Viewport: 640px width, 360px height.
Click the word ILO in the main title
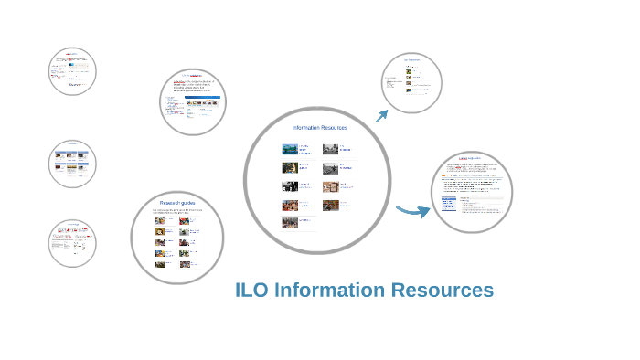pyautogui.click(x=254, y=291)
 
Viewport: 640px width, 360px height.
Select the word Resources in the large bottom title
pyautogui.click(x=442, y=291)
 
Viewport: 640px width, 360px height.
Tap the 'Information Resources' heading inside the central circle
pyautogui.click(x=319, y=128)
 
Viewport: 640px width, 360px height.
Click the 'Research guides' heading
pyautogui.click(x=177, y=202)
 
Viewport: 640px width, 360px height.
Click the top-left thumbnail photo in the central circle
pyautogui.click(x=290, y=149)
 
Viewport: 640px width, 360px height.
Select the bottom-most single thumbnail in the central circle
pyautogui.click(x=290, y=222)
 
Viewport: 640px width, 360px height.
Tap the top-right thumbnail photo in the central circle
pyautogui.click(x=330, y=149)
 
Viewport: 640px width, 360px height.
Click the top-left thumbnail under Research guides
pyautogui.click(x=160, y=220)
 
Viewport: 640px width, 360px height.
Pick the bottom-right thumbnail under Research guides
pyautogui.click(x=185, y=265)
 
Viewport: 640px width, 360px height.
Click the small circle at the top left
pyautogui.click(x=72, y=71)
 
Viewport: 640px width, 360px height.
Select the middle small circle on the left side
pyautogui.click(x=72, y=164)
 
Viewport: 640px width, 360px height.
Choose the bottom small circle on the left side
pyautogui.click(x=72, y=243)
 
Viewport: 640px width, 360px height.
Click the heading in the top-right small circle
pyautogui.click(x=411, y=60)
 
